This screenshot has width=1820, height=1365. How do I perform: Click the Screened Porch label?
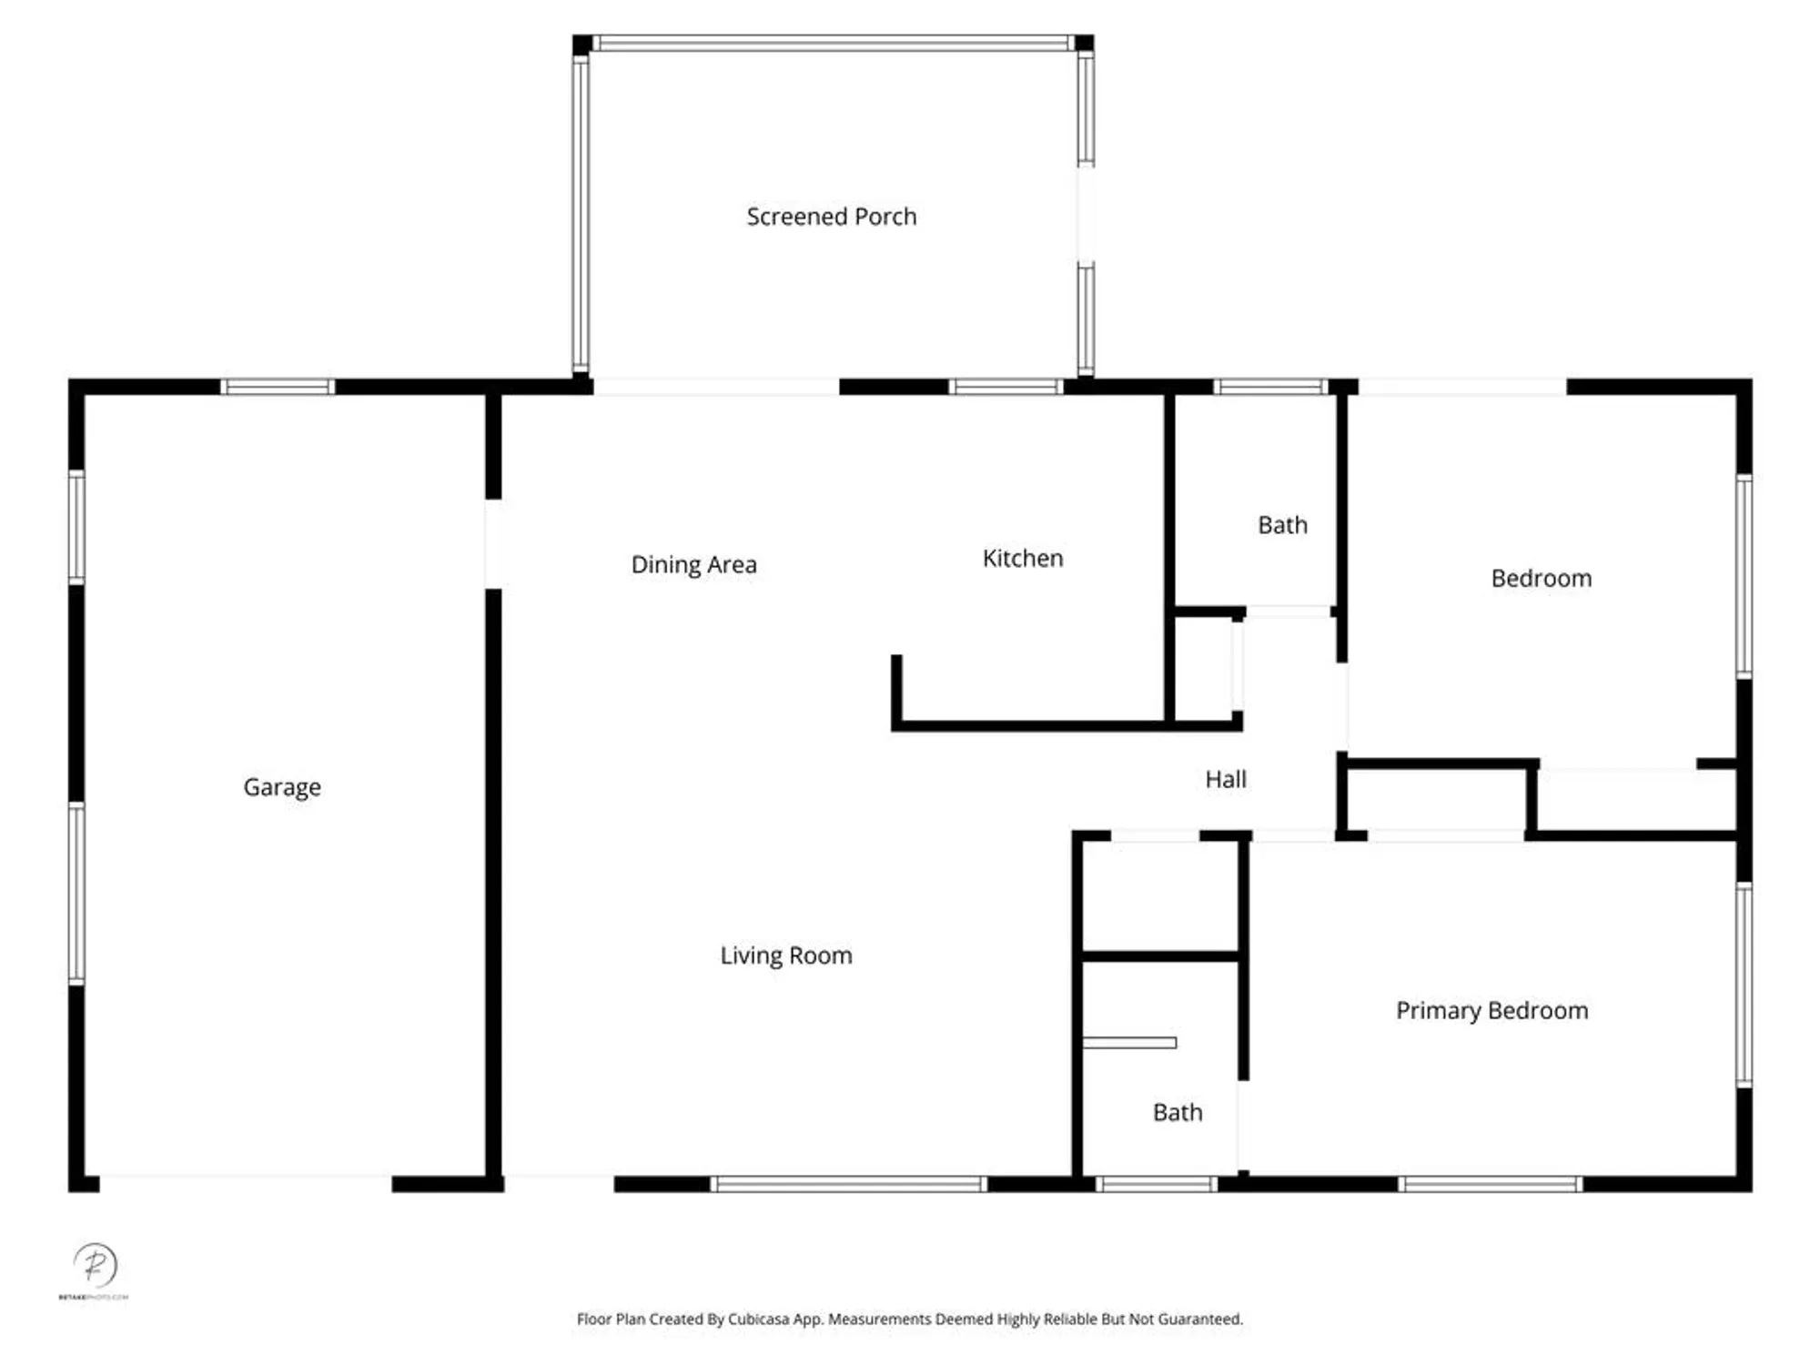click(831, 217)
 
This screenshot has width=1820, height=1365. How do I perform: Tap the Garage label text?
click(282, 786)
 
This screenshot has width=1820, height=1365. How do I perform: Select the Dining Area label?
click(693, 564)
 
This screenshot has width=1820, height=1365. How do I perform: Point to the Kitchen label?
click(1023, 558)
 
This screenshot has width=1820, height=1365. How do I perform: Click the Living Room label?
click(786, 955)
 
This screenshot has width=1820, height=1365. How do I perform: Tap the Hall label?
click(1226, 779)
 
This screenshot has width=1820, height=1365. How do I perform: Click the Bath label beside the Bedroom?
click(1282, 525)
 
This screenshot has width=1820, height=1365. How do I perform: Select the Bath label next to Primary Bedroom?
click(1178, 1112)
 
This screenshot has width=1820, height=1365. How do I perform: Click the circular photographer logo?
click(95, 1265)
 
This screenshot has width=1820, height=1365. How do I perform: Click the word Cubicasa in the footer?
click(758, 1319)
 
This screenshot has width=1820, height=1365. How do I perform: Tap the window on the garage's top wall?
click(278, 387)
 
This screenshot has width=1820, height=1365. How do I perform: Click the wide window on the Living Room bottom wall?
click(847, 1184)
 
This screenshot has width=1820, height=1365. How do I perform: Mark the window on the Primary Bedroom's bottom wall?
click(1490, 1184)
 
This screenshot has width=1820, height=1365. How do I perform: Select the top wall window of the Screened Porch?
click(833, 43)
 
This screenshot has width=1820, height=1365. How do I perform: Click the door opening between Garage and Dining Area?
click(493, 543)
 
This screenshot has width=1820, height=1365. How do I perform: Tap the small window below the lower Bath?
click(1156, 1184)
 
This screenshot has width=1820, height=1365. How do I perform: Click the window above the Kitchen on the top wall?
click(1006, 387)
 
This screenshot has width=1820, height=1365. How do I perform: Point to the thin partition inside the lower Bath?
click(1129, 1043)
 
